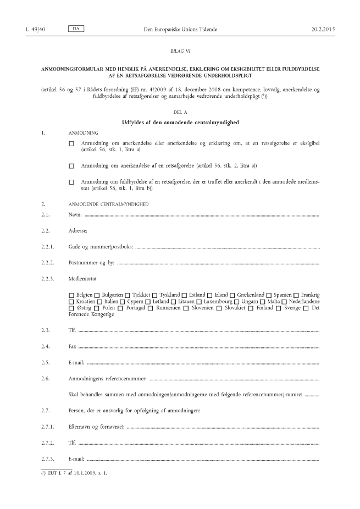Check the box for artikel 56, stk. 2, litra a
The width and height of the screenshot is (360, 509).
71,165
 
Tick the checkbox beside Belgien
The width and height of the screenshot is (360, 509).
71,295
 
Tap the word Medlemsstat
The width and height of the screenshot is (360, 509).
82,279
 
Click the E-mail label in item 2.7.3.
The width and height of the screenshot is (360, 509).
77,458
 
